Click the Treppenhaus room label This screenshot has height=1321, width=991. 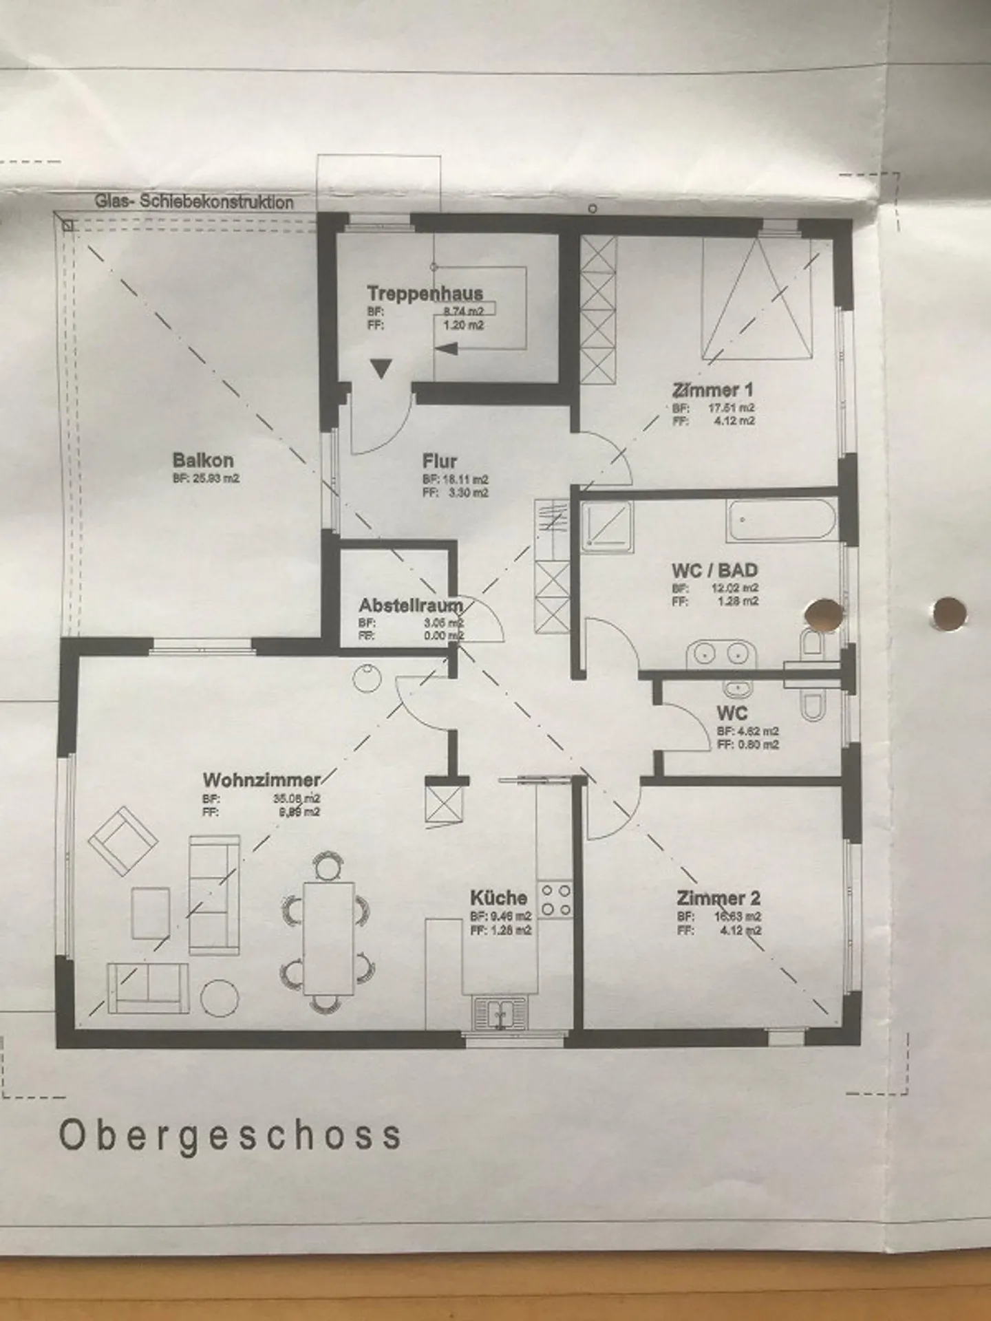point(425,293)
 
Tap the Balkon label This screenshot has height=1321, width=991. point(203,460)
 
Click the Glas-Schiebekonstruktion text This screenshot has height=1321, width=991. point(194,202)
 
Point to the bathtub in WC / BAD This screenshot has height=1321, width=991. point(781,521)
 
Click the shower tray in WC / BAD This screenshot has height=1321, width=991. point(606,526)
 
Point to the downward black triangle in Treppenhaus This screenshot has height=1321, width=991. point(381,368)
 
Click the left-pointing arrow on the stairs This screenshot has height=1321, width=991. point(446,349)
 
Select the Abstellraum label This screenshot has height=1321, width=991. point(410,605)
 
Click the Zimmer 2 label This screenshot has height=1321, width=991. point(718,898)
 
